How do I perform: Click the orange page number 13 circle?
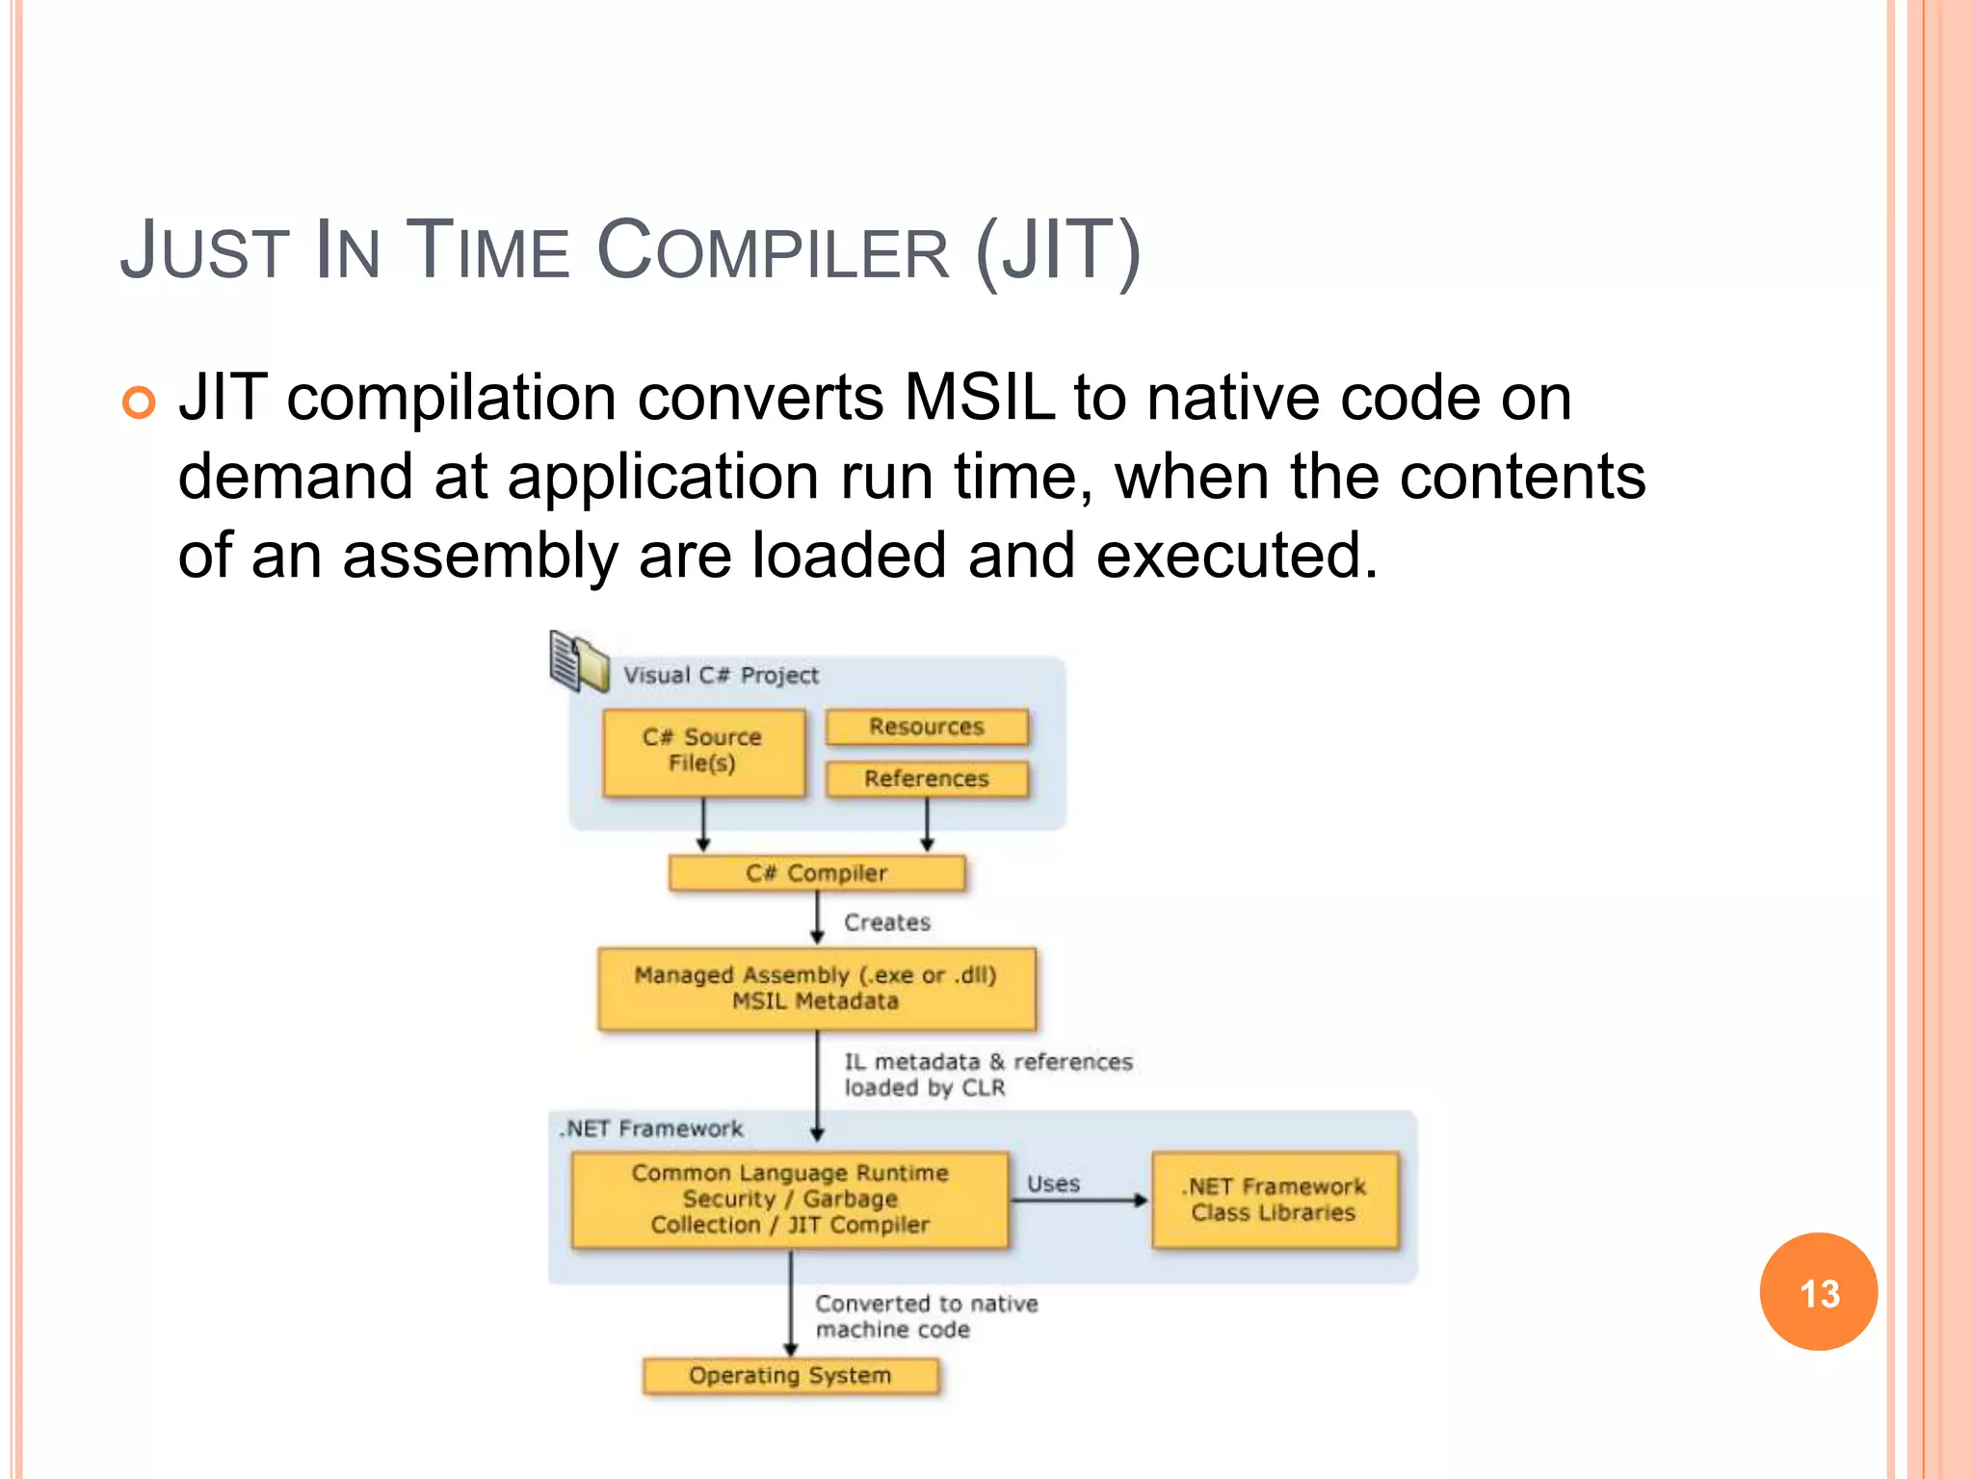1818,1291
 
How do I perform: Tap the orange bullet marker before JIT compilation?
139,402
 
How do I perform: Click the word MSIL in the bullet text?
979,398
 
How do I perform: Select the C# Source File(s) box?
703,752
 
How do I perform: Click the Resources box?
927,727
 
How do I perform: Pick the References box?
927,778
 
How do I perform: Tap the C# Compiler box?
816,873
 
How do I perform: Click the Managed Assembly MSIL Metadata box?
816,989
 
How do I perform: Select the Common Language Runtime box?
790,1200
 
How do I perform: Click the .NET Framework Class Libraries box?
1275,1200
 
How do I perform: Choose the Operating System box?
790,1376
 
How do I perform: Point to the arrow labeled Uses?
1079,1201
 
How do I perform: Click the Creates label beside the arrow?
887,922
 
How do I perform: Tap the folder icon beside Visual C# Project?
579,662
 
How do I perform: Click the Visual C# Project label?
721,675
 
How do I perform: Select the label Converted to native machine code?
925,1316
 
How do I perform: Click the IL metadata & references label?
987,1074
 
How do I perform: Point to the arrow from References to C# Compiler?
927,826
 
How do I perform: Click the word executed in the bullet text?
1235,556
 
